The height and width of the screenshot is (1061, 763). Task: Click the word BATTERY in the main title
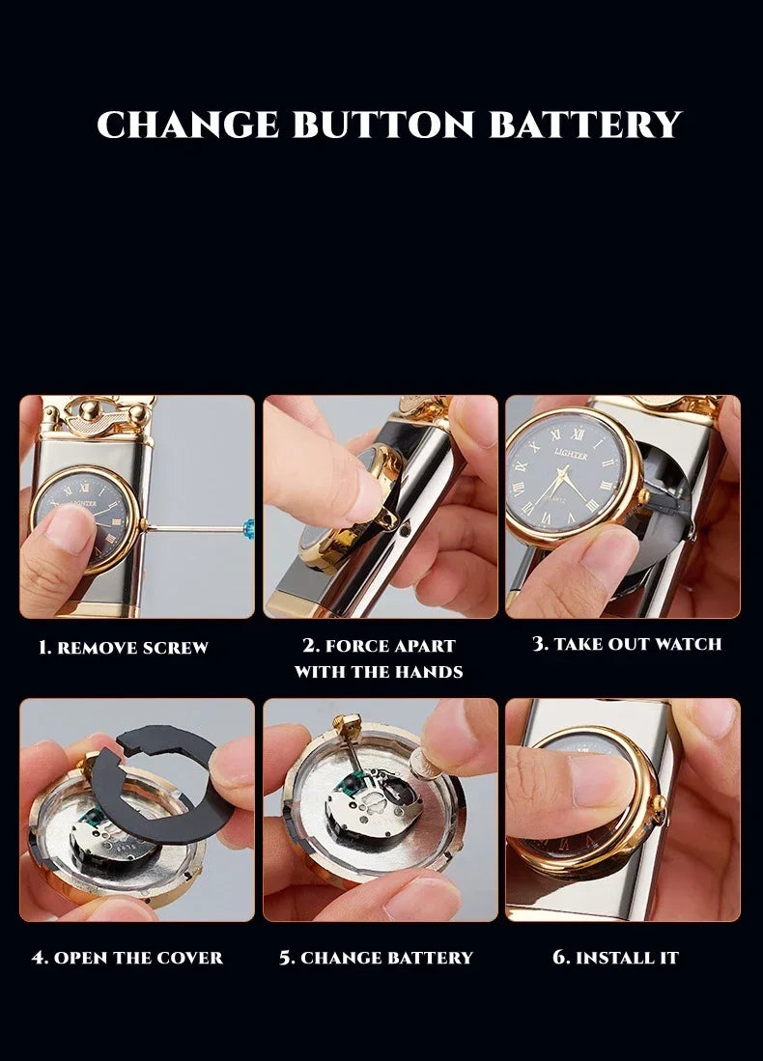[x=585, y=126]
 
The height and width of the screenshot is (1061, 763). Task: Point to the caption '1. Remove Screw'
[x=123, y=648]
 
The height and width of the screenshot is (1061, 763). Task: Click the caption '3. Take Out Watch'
[x=627, y=644]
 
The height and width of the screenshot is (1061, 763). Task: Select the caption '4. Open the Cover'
[x=127, y=958]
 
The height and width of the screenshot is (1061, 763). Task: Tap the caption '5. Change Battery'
[x=376, y=958]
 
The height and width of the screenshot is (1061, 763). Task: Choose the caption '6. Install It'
[x=615, y=958]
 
